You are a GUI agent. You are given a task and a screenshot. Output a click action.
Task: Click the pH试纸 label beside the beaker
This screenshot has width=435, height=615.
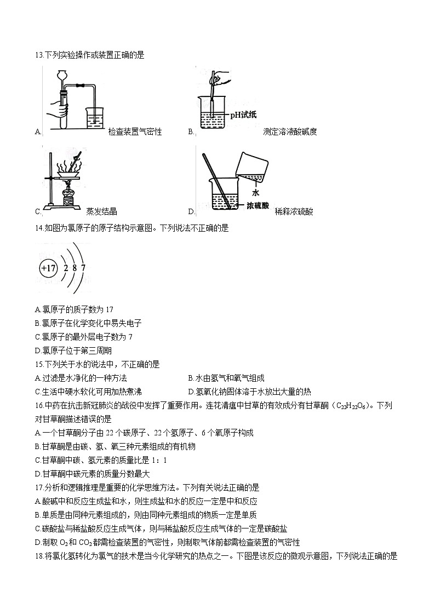[243, 114]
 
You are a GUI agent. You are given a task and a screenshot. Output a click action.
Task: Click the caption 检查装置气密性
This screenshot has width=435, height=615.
[135, 132]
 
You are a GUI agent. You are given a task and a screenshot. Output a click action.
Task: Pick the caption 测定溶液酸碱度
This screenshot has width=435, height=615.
[290, 132]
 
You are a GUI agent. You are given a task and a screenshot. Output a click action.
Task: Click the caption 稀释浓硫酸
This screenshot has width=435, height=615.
[294, 212]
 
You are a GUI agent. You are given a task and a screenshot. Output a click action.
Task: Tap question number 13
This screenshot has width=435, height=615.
[38, 55]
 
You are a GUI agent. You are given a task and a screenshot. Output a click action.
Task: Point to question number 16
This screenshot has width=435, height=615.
[38, 405]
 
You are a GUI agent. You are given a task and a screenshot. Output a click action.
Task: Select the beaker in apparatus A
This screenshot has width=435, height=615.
[95, 117]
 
